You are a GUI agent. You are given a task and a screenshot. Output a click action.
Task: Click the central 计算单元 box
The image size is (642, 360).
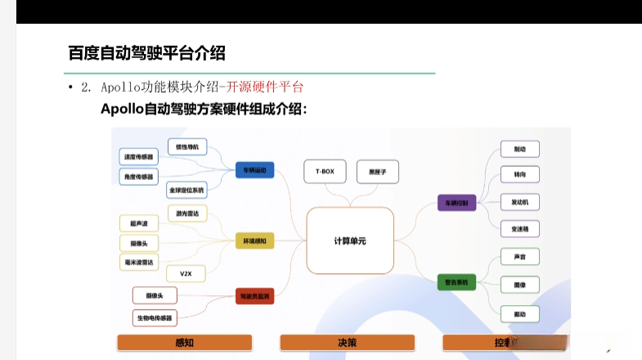pos(350,241)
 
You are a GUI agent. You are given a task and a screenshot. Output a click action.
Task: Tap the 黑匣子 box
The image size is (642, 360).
pos(377,171)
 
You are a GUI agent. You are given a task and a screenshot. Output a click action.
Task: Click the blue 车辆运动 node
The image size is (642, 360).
pos(254,170)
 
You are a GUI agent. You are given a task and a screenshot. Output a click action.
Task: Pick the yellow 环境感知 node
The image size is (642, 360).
pos(254,241)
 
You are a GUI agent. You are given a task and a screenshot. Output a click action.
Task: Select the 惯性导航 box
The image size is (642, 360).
pos(187,147)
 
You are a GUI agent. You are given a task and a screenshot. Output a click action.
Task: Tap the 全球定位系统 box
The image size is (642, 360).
pos(187,190)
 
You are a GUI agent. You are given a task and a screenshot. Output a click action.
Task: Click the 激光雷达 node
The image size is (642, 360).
pos(187,213)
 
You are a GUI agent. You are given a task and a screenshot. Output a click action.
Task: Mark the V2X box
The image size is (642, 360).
pos(186,273)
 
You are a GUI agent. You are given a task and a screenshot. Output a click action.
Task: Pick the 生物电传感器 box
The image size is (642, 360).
pos(155,317)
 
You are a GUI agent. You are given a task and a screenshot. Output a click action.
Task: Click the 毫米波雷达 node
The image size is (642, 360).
pos(138,262)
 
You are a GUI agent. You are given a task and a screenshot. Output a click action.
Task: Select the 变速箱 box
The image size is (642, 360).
pos(520,228)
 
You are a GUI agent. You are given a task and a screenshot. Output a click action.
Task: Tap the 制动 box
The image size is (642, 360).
pos(520,149)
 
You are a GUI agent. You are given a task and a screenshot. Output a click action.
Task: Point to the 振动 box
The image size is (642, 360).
pos(520,313)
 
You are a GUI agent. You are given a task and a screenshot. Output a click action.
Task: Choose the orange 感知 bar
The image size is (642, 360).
pos(184,343)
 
